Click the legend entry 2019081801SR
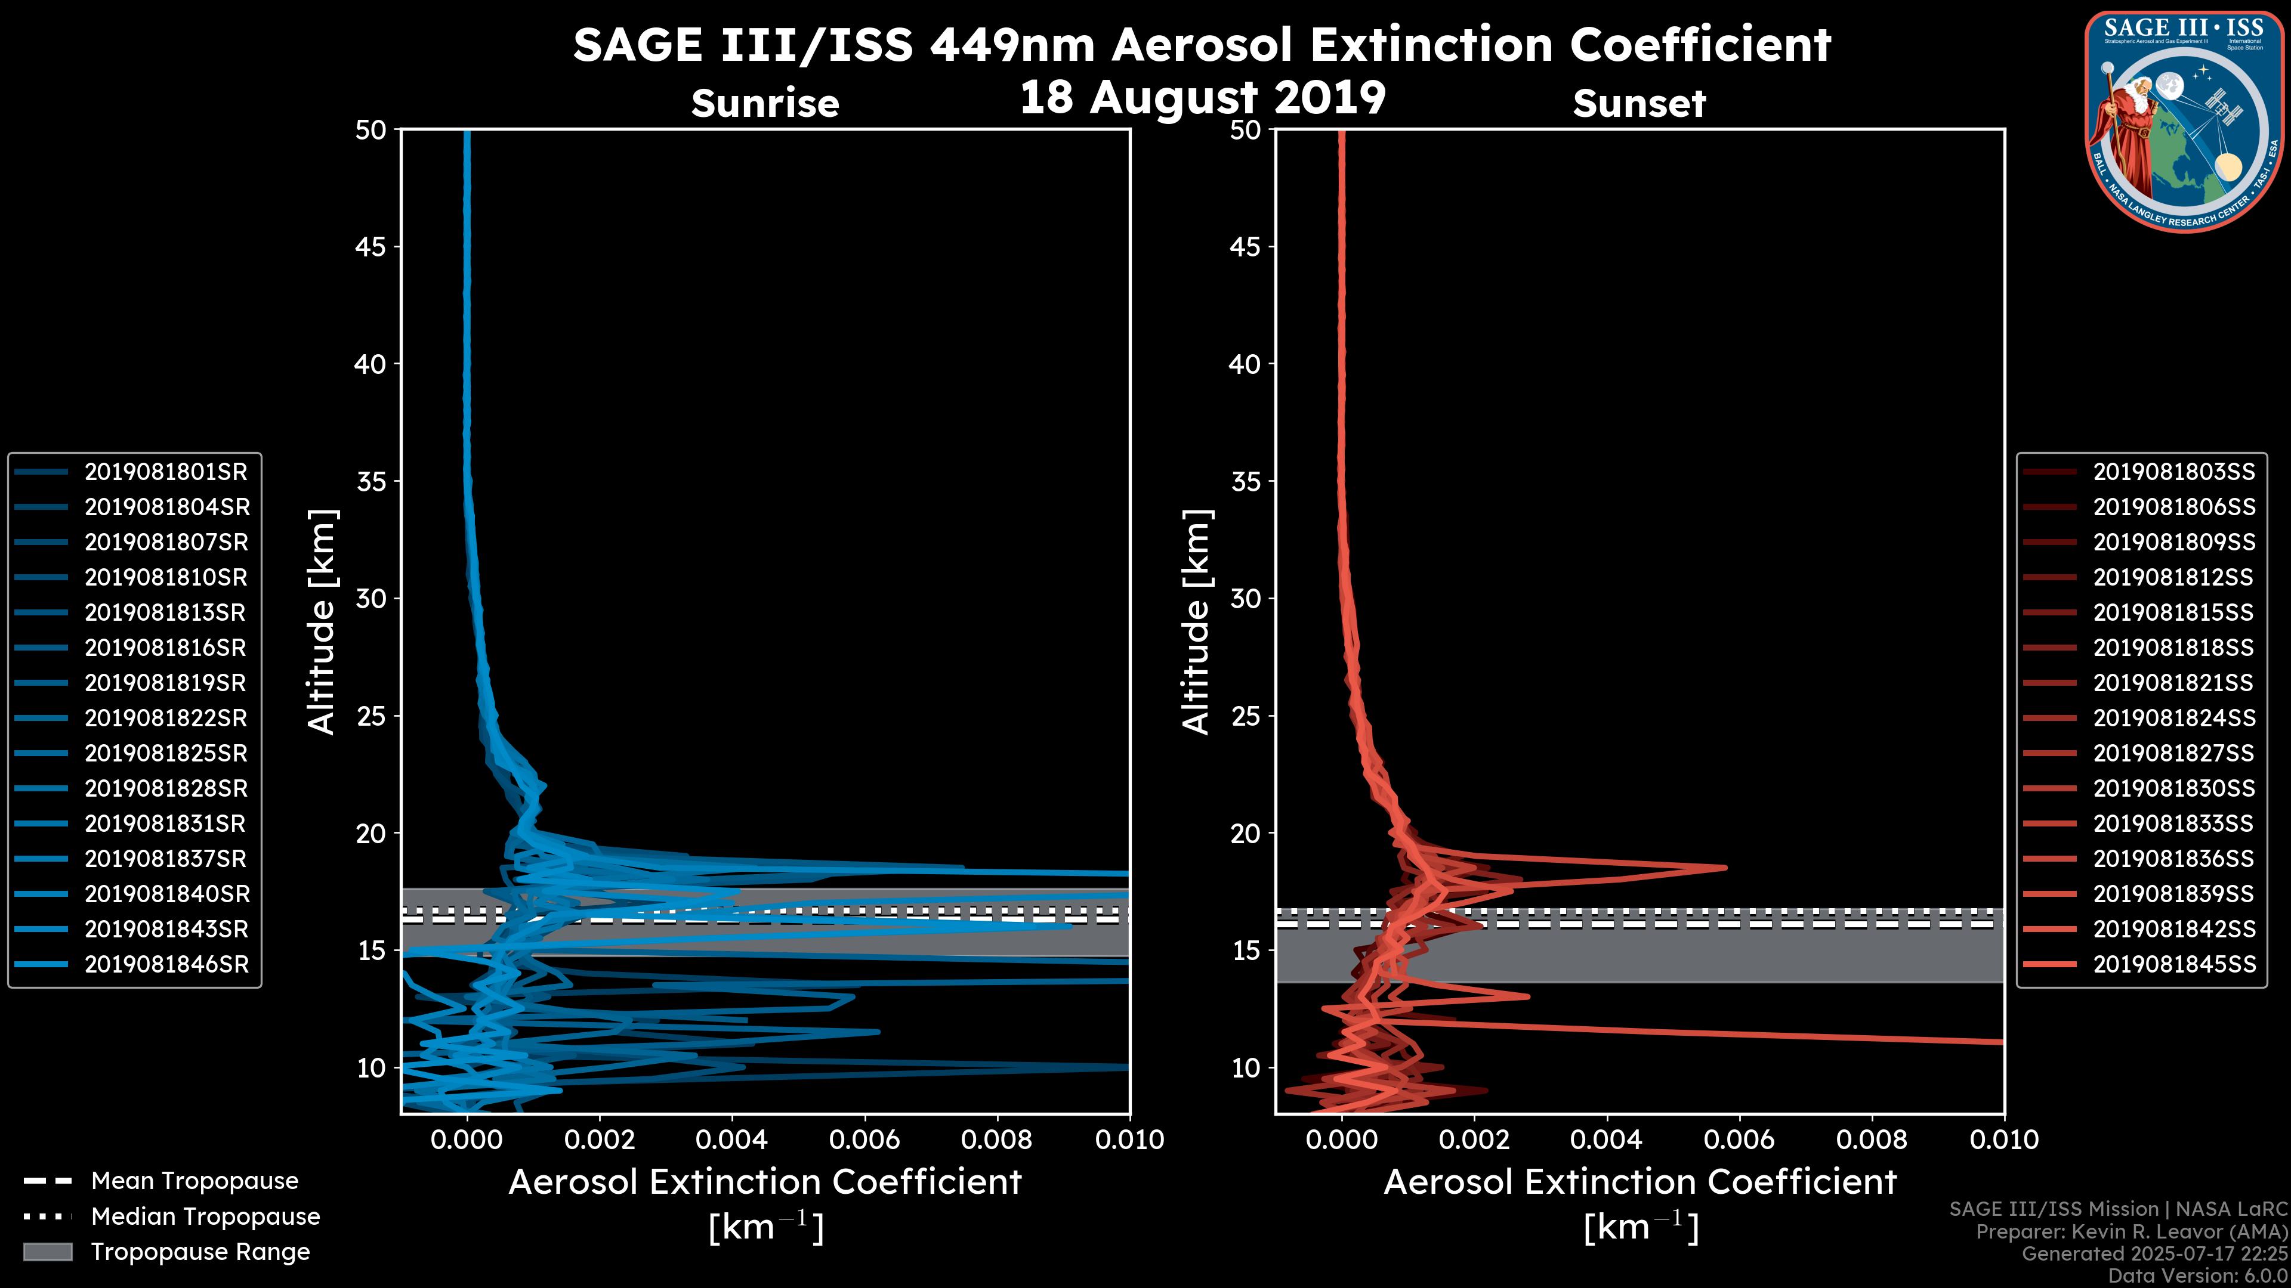tap(165, 471)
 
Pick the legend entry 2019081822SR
tap(165, 718)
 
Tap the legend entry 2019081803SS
tap(2173, 471)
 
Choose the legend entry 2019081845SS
tap(2173, 964)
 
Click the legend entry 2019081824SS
tap(2173, 718)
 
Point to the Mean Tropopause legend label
tap(194, 1181)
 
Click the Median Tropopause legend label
tap(205, 1216)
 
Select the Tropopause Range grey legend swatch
tap(47, 1252)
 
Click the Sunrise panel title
tap(765, 103)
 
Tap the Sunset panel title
tap(1638, 103)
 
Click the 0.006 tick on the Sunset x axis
tap(1740, 1140)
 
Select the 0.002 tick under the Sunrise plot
tap(600, 1140)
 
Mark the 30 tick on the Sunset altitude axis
tap(1245, 598)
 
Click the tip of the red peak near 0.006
tap(1725, 868)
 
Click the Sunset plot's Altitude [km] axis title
tap(1196, 622)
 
